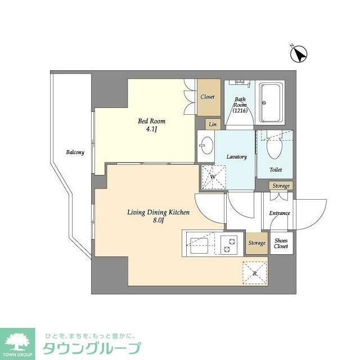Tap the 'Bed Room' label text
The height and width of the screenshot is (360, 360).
152,121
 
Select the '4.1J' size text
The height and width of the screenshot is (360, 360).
152,131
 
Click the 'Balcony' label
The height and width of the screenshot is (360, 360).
75,152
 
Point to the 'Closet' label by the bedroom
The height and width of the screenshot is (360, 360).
208,97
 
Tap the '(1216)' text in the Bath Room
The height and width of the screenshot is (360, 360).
240,110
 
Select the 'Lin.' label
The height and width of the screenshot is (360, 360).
213,124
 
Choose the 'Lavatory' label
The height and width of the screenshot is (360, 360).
237,157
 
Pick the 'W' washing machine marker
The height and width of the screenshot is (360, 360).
212,177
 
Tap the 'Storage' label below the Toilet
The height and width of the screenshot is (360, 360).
281,186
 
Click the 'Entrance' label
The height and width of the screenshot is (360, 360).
280,213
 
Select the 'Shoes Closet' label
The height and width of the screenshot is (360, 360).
281,243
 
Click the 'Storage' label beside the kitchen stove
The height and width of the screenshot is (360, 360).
256,243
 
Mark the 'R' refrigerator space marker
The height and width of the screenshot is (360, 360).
254,273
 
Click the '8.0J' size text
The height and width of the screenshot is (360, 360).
158,221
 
